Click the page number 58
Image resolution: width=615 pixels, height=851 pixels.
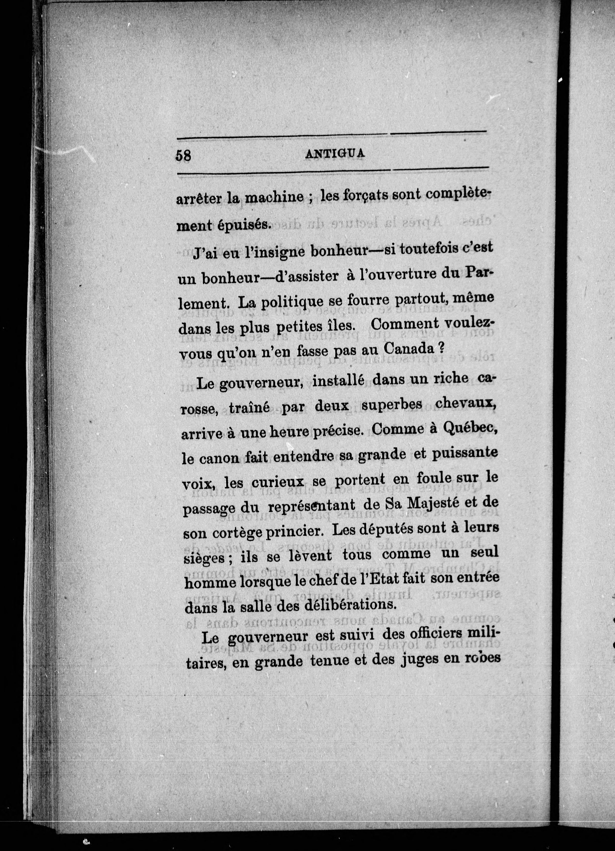(x=183, y=155)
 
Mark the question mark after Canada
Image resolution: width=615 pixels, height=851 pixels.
(x=441, y=348)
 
